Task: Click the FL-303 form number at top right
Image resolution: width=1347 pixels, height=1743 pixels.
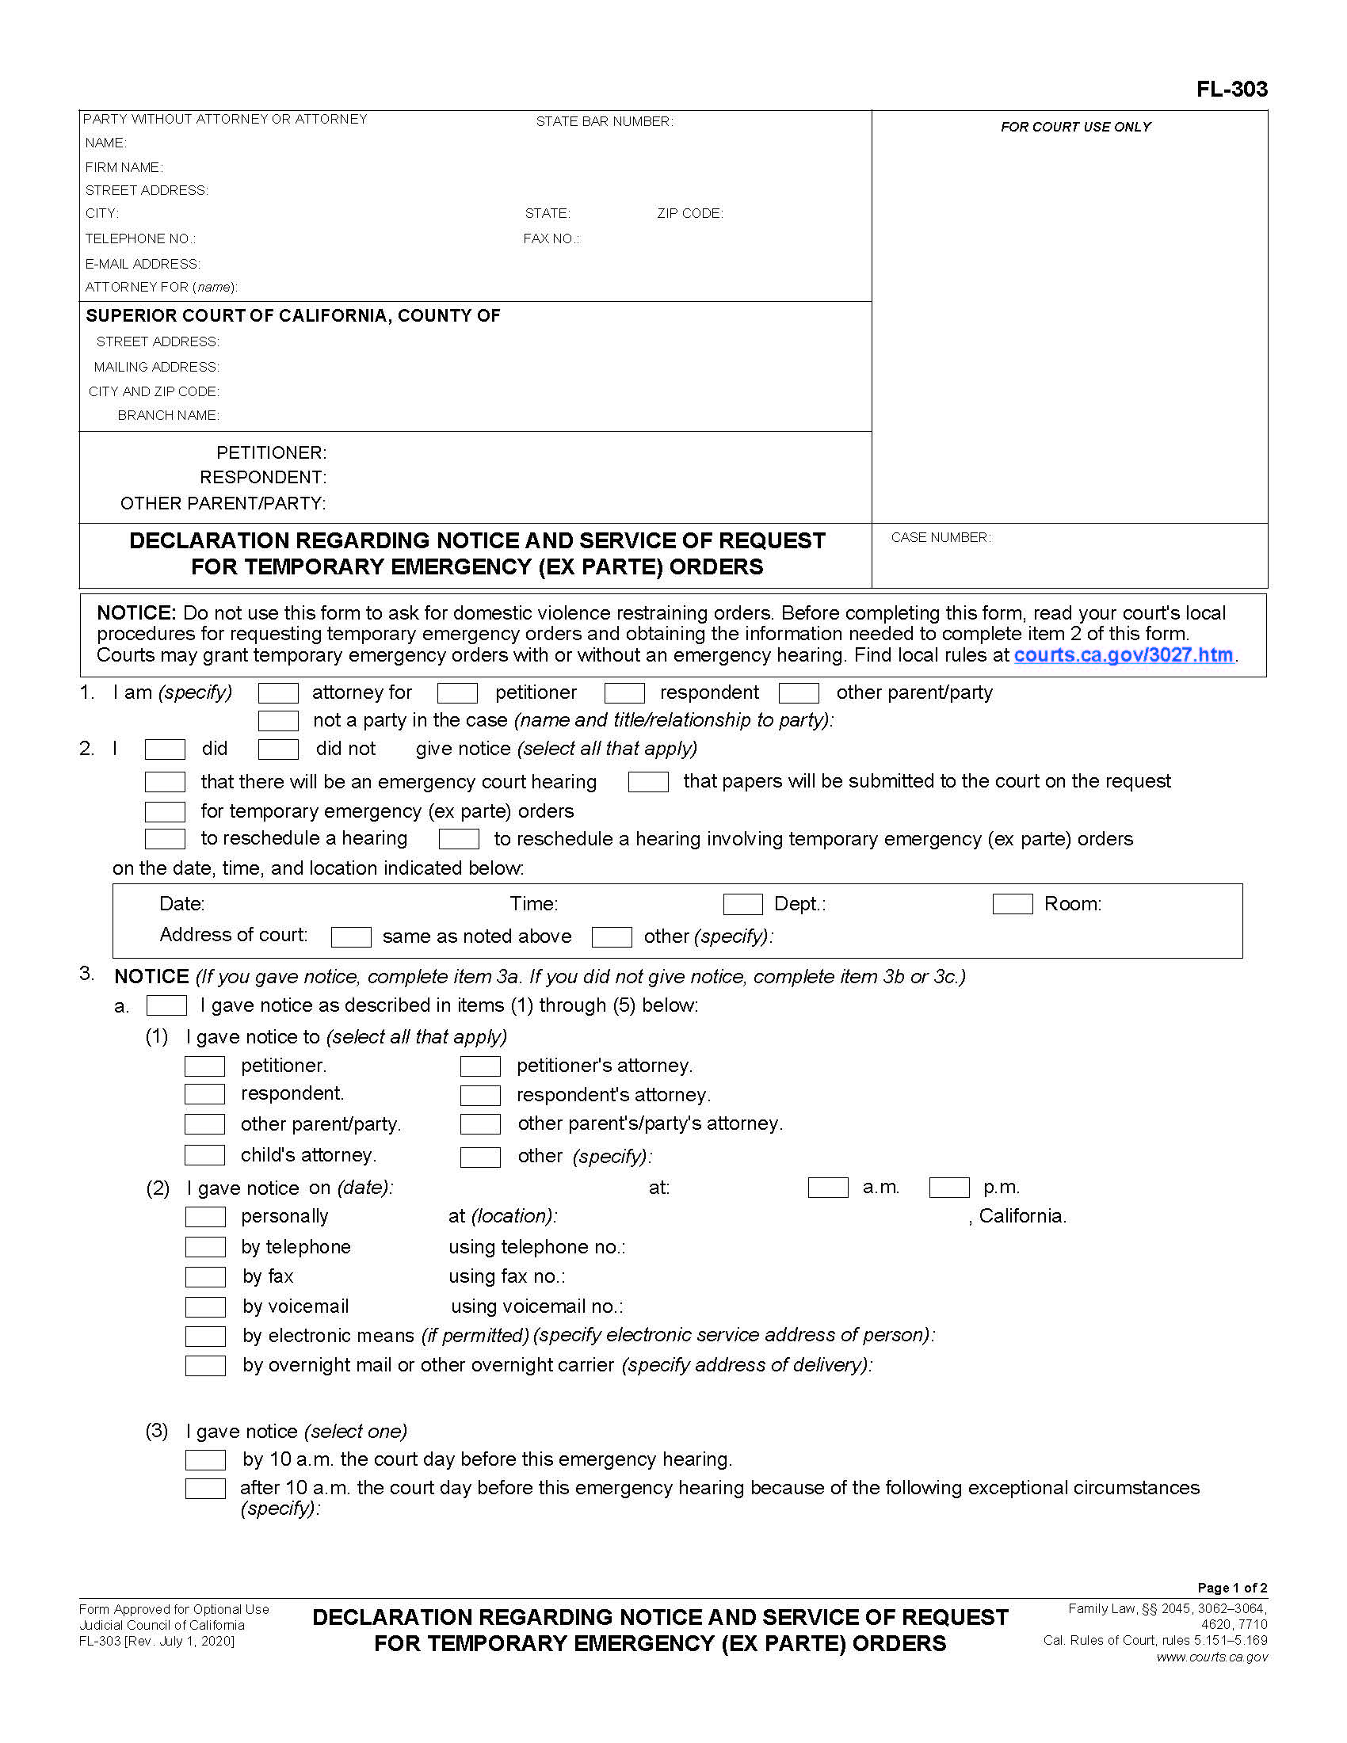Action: [x=1231, y=89]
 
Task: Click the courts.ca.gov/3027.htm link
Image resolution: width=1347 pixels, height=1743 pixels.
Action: [x=1123, y=655]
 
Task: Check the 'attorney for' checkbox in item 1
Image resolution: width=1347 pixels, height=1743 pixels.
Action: [x=278, y=692]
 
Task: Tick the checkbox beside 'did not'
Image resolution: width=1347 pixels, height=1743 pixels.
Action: [x=278, y=749]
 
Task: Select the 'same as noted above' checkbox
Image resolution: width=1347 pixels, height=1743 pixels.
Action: [x=351, y=936]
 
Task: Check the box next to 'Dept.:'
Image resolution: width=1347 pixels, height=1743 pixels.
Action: [x=742, y=904]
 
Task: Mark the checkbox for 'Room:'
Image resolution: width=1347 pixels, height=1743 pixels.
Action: [x=1012, y=904]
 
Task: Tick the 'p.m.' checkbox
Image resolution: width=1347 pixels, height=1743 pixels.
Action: [x=948, y=1188]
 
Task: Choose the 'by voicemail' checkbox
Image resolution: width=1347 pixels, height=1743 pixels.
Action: [x=205, y=1306]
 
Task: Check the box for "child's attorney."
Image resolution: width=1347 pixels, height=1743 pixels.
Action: [x=204, y=1155]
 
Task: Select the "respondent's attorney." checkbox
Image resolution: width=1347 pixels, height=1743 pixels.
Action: [x=480, y=1095]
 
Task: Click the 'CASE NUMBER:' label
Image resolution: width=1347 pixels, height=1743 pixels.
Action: [x=941, y=537]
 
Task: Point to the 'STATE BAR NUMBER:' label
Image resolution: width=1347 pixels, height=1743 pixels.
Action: [x=604, y=121]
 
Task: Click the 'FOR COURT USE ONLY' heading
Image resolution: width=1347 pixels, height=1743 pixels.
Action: [x=1075, y=127]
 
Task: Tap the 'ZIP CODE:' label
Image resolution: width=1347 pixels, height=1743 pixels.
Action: [x=689, y=213]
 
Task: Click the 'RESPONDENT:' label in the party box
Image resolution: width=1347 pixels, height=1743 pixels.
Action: [x=262, y=477]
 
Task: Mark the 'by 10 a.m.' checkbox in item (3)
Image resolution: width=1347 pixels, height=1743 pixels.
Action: [x=205, y=1459]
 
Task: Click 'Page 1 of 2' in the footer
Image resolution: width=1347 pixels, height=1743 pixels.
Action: [x=1231, y=1588]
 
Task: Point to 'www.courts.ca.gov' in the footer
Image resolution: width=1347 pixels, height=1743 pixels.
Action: [x=1212, y=1657]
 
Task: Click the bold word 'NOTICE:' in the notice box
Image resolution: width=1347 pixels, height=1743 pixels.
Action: [x=135, y=613]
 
